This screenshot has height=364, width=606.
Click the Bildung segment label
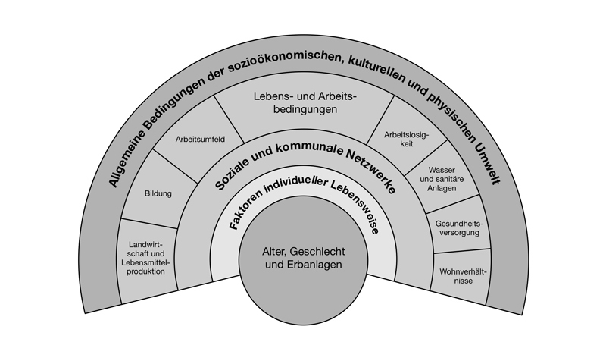tap(158, 193)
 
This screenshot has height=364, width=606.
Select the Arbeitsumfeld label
tap(200, 140)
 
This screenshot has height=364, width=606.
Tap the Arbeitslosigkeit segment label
tap(407, 140)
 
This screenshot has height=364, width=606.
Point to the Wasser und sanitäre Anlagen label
tap(442, 179)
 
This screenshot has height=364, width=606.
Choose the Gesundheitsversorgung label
tap(459, 228)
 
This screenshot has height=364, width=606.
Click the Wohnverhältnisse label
tap(463, 276)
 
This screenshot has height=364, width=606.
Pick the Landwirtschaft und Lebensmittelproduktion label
tap(145, 258)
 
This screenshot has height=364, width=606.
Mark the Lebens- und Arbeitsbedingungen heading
tap(305, 102)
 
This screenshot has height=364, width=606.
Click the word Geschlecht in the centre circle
tap(319, 252)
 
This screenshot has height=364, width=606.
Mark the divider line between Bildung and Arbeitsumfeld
tap(176, 166)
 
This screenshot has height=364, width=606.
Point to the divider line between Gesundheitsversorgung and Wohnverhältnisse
tap(462, 251)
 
